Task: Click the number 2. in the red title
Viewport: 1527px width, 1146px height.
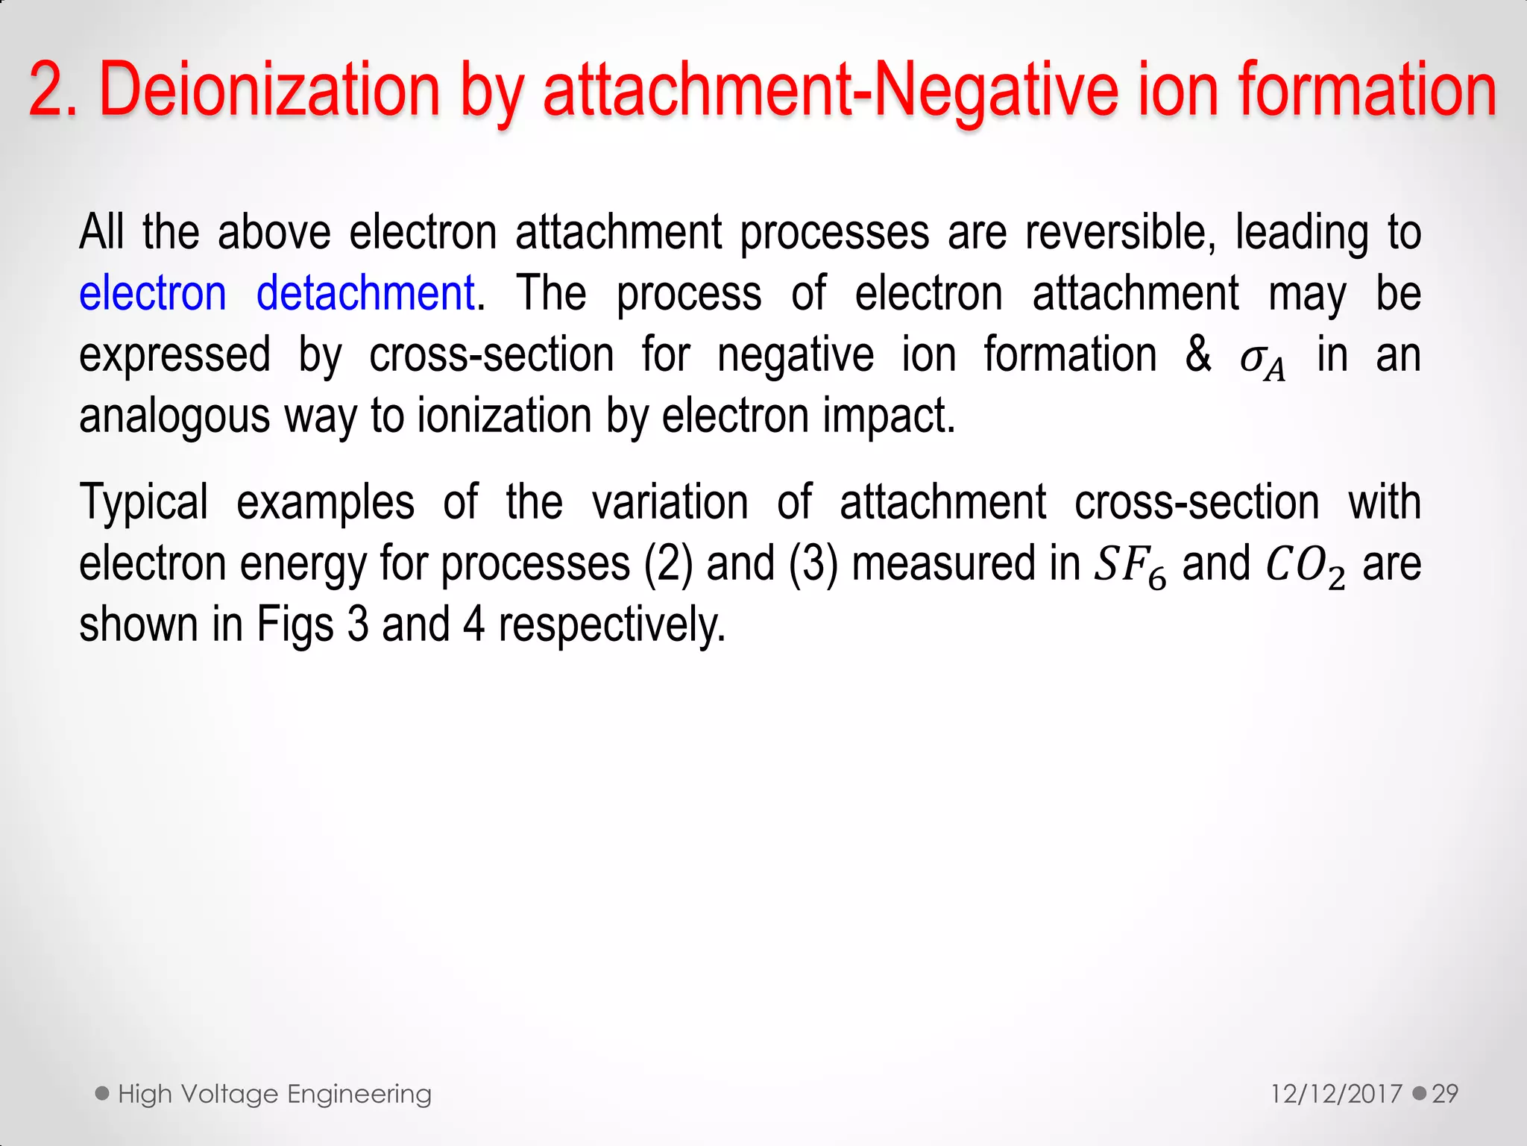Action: pos(53,90)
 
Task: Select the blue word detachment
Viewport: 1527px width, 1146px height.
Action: pos(365,292)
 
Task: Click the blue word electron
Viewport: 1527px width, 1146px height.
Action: pos(153,292)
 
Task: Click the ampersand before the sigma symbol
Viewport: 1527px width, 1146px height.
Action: pos(1198,354)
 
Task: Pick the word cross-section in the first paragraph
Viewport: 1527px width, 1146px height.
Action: pos(491,354)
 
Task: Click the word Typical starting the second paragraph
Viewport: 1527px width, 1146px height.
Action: pos(144,502)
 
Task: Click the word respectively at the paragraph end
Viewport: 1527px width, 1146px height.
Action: pos(611,624)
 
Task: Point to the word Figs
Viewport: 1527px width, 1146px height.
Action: pos(295,624)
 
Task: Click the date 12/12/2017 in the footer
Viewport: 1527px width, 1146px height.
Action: pos(1336,1094)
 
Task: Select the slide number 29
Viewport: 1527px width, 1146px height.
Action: pos(1445,1094)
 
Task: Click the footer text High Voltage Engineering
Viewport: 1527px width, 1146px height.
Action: pos(274,1094)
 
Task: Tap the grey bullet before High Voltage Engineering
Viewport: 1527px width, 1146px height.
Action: pos(103,1094)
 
